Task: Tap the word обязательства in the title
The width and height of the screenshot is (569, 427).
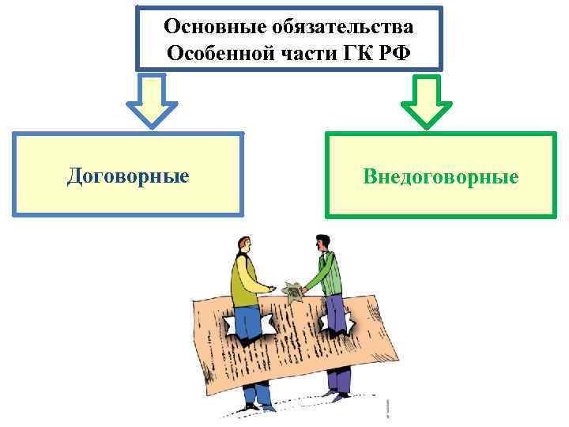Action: (341, 27)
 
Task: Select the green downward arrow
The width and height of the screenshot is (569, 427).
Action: (427, 100)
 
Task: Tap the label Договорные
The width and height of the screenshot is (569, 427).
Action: (128, 175)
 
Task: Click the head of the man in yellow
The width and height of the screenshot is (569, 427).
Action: (242, 245)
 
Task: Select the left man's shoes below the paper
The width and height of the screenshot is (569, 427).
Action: (257, 406)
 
